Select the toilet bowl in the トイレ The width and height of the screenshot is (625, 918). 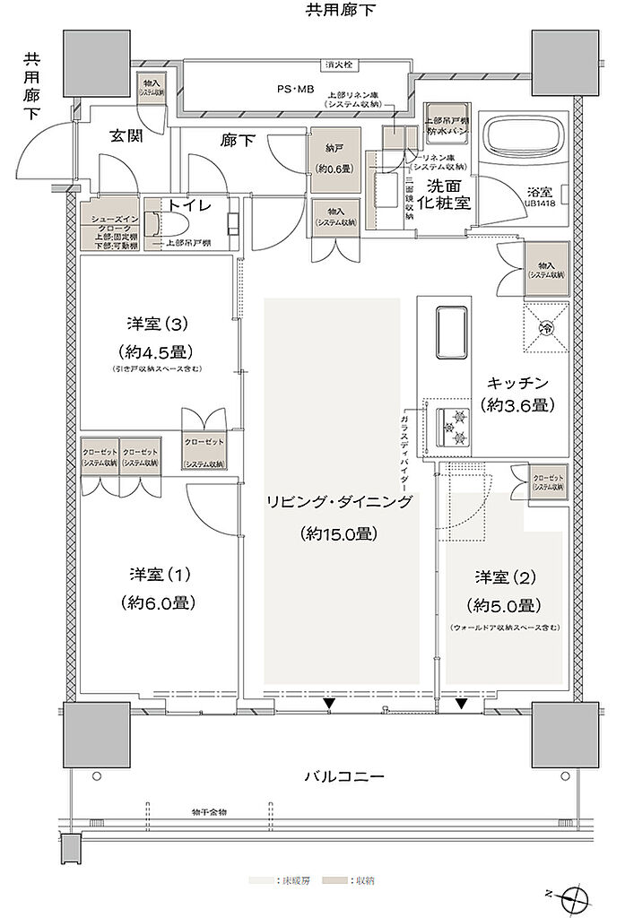pyautogui.click(x=152, y=224)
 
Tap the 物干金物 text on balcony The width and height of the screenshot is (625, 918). pyautogui.click(x=210, y=811)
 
